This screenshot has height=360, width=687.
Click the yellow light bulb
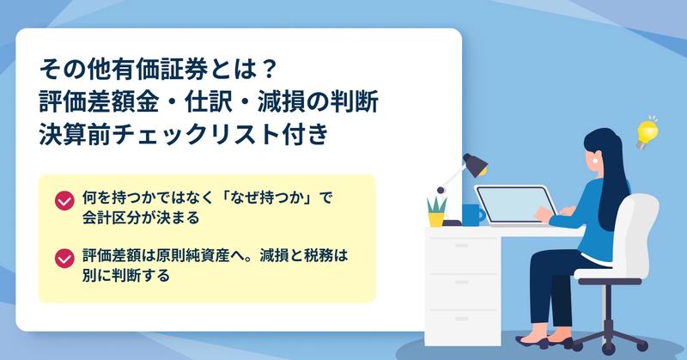coord(647,133)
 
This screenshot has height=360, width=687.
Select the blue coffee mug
coord(473,215)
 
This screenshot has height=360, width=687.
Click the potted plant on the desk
coord(436,212)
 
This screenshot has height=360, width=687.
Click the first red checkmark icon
coord(64,201)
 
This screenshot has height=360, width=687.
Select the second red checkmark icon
coord(64,259)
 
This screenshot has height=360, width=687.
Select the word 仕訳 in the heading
coord(208,102)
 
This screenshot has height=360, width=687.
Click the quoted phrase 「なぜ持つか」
coord(263,198)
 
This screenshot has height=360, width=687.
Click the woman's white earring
coord(595,161)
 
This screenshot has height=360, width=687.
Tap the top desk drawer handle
coord(461,246)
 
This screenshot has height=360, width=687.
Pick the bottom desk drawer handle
coord(461,319)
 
